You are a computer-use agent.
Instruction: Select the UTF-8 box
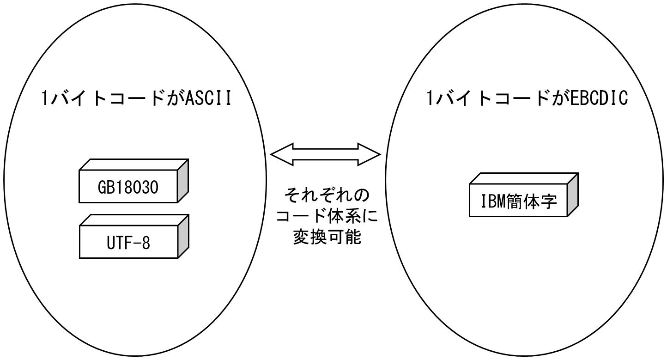coord(128,242)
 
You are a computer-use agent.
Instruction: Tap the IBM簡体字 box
coord(518,202)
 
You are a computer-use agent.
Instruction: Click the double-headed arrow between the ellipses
coord(325,154)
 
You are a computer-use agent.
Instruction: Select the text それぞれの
coord(327,195)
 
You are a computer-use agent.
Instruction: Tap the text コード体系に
coord(327,216)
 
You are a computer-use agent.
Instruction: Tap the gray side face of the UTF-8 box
coord(183,236)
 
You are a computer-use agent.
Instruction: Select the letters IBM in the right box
coord(493,202)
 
